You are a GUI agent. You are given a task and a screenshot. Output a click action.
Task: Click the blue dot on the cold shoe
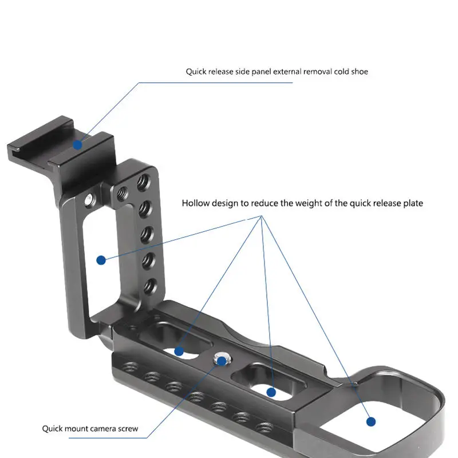click(77, 145)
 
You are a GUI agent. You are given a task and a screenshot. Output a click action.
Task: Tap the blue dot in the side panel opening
click(101, 260)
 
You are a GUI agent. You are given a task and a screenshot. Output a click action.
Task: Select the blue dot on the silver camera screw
click(222, 361)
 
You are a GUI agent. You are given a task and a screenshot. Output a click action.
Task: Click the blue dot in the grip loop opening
click(371, 421)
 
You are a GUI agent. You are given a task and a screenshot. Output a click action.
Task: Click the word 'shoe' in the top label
click(360, 72)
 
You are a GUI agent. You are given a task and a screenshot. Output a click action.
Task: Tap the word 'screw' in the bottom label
click(128, 428)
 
